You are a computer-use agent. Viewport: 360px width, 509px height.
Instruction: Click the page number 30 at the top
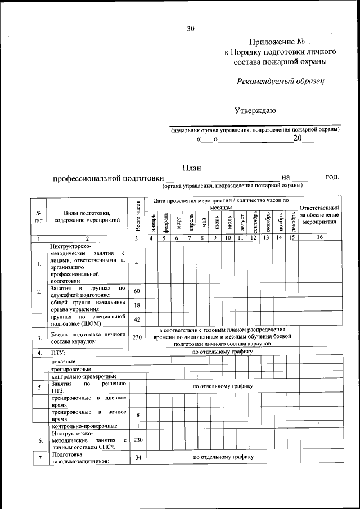[x=191, y=29]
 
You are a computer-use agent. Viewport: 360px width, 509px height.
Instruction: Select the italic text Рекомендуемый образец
[x=280, y=82]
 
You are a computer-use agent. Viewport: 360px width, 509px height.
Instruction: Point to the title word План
[x=192, y=167]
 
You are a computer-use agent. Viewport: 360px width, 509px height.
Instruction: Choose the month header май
[x=203, y=222]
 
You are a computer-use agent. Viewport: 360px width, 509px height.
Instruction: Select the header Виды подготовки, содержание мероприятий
[x=87, y=216]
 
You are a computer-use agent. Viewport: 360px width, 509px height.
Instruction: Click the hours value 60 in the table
[x=137, y=291]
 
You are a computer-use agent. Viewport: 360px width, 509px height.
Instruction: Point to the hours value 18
[x=137, y=305]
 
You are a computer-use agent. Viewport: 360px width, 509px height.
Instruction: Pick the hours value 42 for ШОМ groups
[x=137, y=319]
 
